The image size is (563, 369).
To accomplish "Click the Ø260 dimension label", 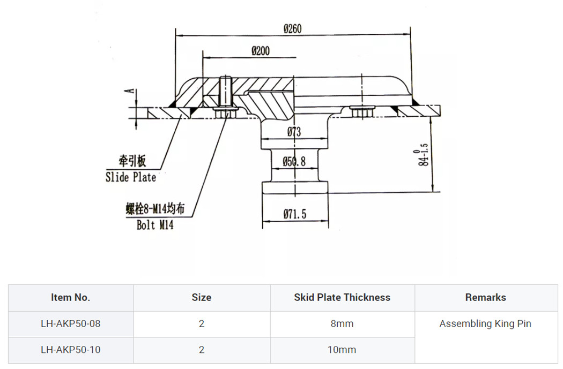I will click(x=292, y=29).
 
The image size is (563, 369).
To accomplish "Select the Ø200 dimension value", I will click(x=261, y=51).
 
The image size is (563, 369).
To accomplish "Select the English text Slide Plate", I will click(x=131, y=177).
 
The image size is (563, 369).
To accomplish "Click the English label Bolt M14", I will click(x=155, y=225).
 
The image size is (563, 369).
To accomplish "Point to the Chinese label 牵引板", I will click(x=132, y=161).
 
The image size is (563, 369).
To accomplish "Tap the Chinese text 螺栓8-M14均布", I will click(x=155, y=209).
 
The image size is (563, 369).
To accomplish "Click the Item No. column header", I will click(x=71, y=297).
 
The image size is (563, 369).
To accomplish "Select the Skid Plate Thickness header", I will click(x=342, y=297).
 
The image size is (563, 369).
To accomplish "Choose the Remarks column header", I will click(x=485, y=297).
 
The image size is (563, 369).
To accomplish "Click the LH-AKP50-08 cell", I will click(x=71, y=323).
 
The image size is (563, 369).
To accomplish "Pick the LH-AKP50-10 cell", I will click(x=71, y=350).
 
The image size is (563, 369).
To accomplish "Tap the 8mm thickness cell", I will click(x=342, y=323).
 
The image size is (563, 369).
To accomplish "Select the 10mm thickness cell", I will click(x=342, y=350).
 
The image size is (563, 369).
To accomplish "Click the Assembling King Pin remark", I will click(x=485, y=323).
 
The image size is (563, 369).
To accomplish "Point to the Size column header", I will click(x=202, y=297).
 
